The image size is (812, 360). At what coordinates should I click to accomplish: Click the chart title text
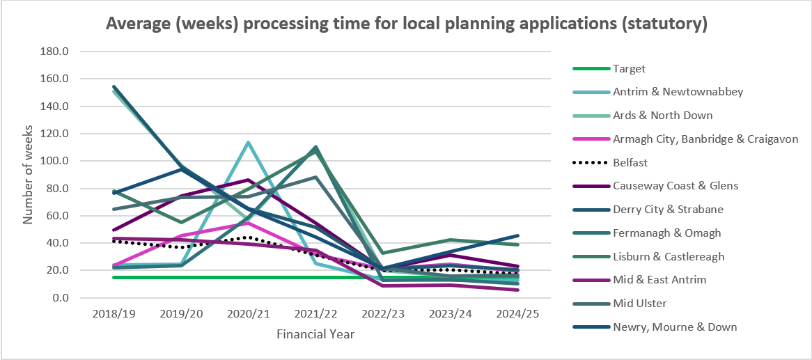coord(406,24)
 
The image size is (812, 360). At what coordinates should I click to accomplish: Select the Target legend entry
coord(629,69)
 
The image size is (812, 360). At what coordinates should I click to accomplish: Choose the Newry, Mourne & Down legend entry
coord(675,327)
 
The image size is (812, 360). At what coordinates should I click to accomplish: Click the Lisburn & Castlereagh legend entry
coord(669,256)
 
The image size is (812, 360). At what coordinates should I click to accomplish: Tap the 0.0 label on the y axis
coord(61,297)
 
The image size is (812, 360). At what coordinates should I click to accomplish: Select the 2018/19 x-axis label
coord(114,313)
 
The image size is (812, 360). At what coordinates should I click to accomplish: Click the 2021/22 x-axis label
coord(315,313)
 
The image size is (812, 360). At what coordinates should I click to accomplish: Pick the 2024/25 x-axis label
coord(517,313)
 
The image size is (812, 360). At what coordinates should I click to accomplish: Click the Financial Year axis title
coord(315,334)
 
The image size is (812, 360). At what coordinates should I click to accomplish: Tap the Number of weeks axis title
coord(29,174)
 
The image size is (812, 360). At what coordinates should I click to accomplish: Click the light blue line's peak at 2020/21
coord(248,142)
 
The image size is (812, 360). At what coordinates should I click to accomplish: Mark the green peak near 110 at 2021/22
coord(315,148)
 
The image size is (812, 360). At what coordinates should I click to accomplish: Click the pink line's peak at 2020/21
coord(248,223)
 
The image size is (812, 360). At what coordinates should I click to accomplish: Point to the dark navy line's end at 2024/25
coord(517,235)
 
